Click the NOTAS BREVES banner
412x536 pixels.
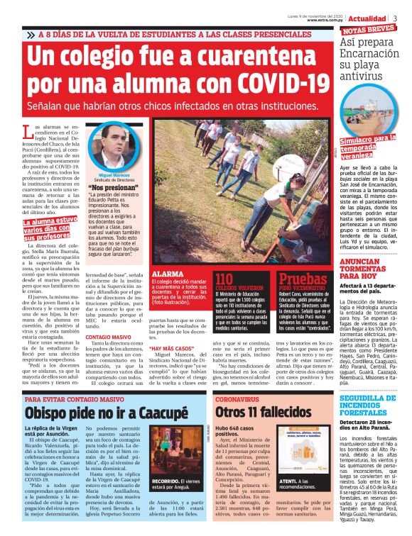click(369, 30)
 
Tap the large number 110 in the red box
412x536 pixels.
click(224, 279)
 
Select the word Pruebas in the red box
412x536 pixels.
click(301, 279)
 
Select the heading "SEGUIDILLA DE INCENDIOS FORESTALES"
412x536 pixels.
click(369, 405)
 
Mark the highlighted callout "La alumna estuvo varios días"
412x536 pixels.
click(52, 228)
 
